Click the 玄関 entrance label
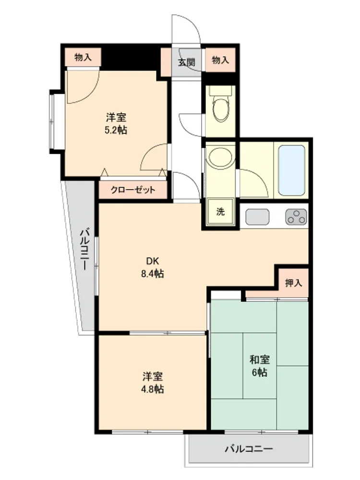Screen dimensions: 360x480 tap(186, 62)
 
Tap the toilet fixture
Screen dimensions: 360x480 tap(220, 105)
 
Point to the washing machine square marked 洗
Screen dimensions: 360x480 tap(220, 212)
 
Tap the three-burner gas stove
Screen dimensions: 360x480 tap(296, 217)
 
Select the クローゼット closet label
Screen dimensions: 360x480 tap(133, 190)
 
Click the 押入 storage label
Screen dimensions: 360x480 tap(294, 283)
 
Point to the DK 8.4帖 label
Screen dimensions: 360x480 tap(153, 267)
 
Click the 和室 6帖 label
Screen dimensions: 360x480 tap(260, 366)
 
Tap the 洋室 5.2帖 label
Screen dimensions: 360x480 tap(116, 124)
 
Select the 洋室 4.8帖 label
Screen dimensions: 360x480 tap(153, 383)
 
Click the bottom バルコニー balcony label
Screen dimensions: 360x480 tap(249, 449)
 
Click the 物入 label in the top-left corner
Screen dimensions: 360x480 tap(83, 57)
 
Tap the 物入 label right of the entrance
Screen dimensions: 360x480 tap(220, 60)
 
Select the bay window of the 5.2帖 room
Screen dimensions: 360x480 tap(52, 122)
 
